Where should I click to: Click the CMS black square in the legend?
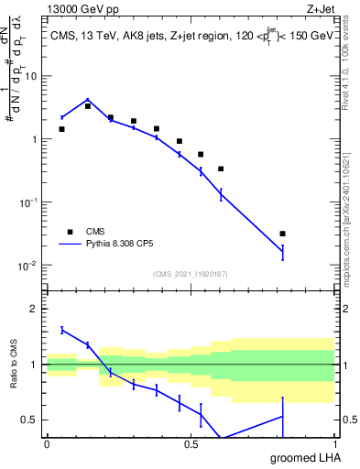(70, 232)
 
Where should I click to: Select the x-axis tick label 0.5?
(191, 444)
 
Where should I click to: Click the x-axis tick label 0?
(47, 444)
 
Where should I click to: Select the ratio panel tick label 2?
(36, 309)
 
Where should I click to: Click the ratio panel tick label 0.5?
(31, 420)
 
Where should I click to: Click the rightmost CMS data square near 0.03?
(282, 234)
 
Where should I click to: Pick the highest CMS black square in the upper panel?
(88, 106)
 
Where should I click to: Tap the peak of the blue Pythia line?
(88, 100)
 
